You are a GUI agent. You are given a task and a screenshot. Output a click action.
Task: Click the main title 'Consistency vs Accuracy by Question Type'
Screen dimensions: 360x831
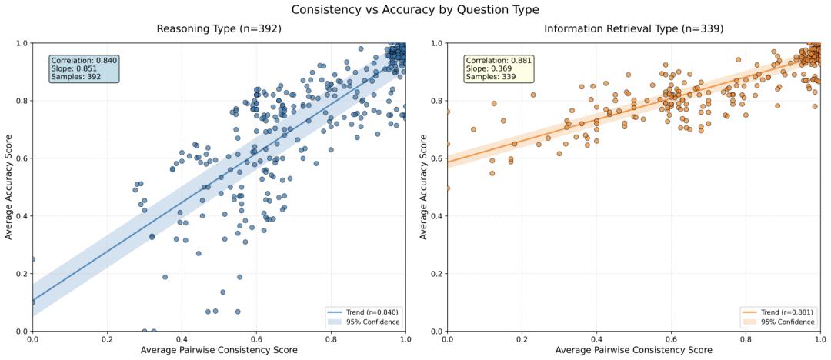415,10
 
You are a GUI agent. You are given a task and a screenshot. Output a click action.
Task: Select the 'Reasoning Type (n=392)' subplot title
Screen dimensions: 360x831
219,29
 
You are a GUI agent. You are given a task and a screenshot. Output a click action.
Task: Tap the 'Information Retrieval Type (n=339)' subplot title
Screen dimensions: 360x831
633,29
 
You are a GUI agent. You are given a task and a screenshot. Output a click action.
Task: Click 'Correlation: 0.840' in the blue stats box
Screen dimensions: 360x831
84,61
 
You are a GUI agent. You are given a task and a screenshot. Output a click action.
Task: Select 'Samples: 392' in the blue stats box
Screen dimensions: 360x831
77,77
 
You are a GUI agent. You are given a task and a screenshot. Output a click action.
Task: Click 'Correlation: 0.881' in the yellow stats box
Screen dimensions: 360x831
499,61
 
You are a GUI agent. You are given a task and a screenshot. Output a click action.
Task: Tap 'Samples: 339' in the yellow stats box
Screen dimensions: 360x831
492,77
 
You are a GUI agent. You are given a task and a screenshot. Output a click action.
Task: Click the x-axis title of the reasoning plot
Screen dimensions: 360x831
219,351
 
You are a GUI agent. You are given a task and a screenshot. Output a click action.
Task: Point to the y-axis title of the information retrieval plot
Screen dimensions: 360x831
424,187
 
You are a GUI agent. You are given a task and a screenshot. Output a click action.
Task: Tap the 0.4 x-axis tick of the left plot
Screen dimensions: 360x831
182,339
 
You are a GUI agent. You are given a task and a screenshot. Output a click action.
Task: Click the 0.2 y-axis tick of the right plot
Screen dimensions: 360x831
435,274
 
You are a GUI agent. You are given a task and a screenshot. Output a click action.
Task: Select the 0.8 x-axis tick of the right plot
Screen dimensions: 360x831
746,339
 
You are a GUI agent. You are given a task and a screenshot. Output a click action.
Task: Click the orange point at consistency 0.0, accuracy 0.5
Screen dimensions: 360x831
447,188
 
